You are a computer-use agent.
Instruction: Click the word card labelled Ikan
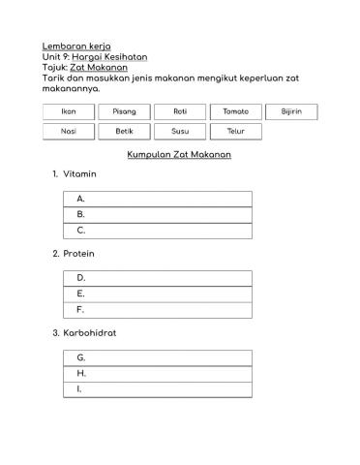(69, 111)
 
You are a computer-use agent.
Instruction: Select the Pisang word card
(124, 111)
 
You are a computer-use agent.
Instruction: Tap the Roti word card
(180, 111)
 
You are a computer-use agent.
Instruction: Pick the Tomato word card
(235, 111)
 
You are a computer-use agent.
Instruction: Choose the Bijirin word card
(291, 111)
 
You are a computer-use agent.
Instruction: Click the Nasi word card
(69, 131)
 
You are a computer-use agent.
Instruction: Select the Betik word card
(124, 131)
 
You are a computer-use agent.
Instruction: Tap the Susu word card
(180, 131)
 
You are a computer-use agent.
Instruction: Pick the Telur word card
(235, 131)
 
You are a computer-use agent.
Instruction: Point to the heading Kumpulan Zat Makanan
(179, 155)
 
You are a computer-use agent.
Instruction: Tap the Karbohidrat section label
(90, 333)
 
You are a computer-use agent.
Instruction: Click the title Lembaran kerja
(76, 46)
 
